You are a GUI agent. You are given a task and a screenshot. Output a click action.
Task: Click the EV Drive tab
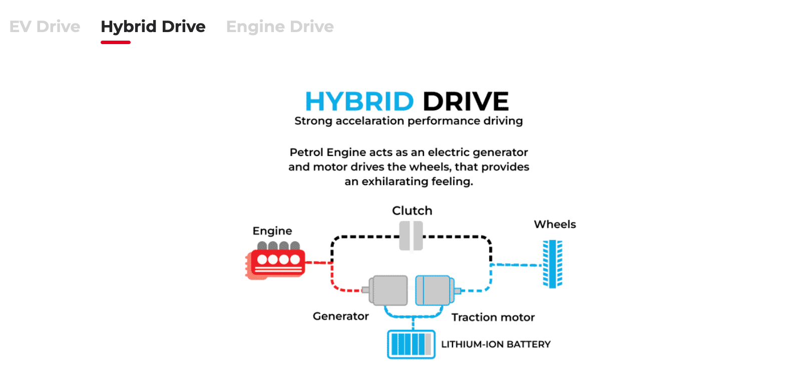tap(45, 27)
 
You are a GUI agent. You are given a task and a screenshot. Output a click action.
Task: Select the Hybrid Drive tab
tap(153, 27)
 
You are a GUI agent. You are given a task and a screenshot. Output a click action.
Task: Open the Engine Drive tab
tap(280, 27)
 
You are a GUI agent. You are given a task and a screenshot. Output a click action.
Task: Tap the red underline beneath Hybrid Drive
tap(116, 42)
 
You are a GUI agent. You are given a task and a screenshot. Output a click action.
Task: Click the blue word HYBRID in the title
tap(359, 101)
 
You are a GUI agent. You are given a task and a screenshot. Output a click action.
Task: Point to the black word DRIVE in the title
tap(466, 101)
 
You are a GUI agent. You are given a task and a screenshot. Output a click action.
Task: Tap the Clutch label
tap(412, 211)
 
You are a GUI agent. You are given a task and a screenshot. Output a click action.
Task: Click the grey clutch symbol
tap(411, 236)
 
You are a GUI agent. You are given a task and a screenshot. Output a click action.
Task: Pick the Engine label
tap(272, 231)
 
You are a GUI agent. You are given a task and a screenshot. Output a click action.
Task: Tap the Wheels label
tap(555, 224)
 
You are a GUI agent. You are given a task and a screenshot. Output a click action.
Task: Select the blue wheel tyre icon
tap(552, 264)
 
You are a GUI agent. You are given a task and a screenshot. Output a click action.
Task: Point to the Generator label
tap(340, 316)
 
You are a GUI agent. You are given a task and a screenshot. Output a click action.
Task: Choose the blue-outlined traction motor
tap(434, 290)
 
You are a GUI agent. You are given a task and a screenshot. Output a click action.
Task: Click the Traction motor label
tap(493, 317)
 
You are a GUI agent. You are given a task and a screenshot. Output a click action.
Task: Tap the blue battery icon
tap(411, 344)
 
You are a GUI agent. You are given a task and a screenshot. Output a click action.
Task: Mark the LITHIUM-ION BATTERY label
tap(496, 344)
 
